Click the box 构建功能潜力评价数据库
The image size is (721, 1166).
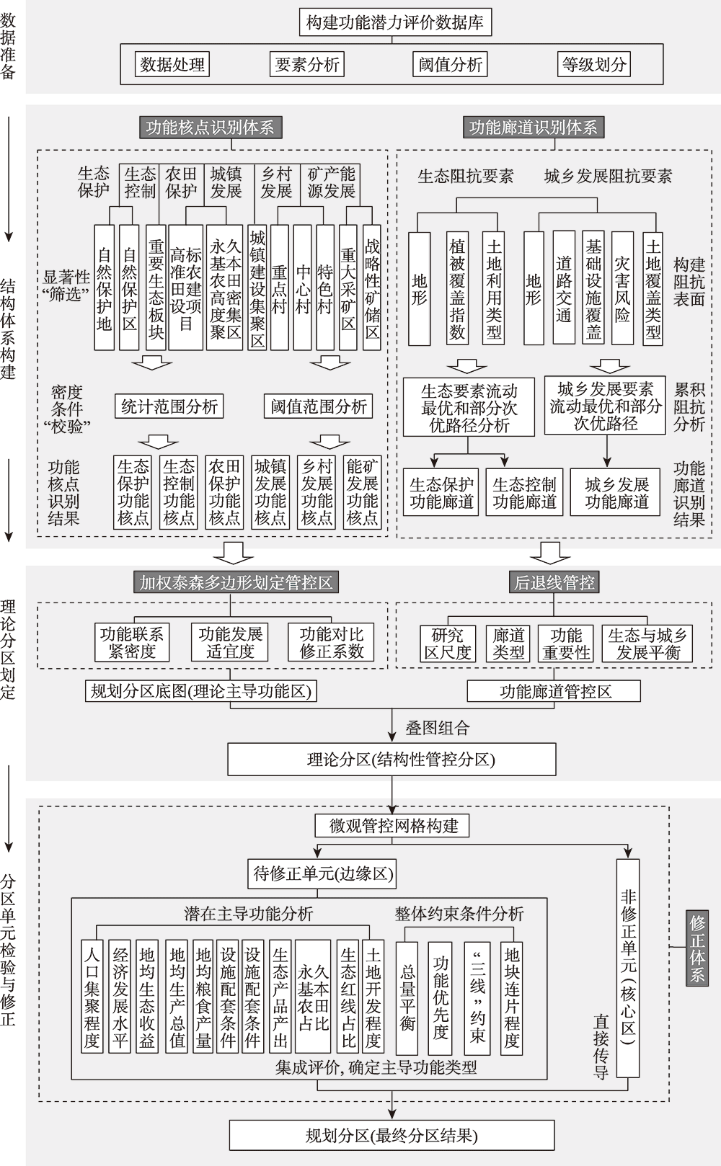[395, 22]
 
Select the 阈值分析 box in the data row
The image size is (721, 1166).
[450, 65]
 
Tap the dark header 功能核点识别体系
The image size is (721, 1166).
[211, 128]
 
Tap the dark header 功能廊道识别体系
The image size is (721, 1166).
[534, 128]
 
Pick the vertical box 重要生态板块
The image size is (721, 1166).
[156, 288]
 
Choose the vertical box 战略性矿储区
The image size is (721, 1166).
[372, 288]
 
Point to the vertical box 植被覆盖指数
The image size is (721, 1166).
[457, 288]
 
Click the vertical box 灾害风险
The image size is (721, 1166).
[622, 288]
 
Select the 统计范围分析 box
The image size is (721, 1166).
[169, 406]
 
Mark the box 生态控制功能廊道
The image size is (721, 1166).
[524, 492]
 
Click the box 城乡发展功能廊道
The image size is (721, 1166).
[615, 492]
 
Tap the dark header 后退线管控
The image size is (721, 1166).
[554, 582]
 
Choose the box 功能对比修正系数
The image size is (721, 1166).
[331, 642]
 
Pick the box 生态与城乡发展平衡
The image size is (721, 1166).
[647, 644]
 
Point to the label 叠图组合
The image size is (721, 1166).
[438, 727]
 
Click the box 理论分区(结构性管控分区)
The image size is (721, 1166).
[392, 760]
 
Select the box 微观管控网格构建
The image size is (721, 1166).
[392, 826]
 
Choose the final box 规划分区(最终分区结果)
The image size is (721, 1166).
[392, 1135]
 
